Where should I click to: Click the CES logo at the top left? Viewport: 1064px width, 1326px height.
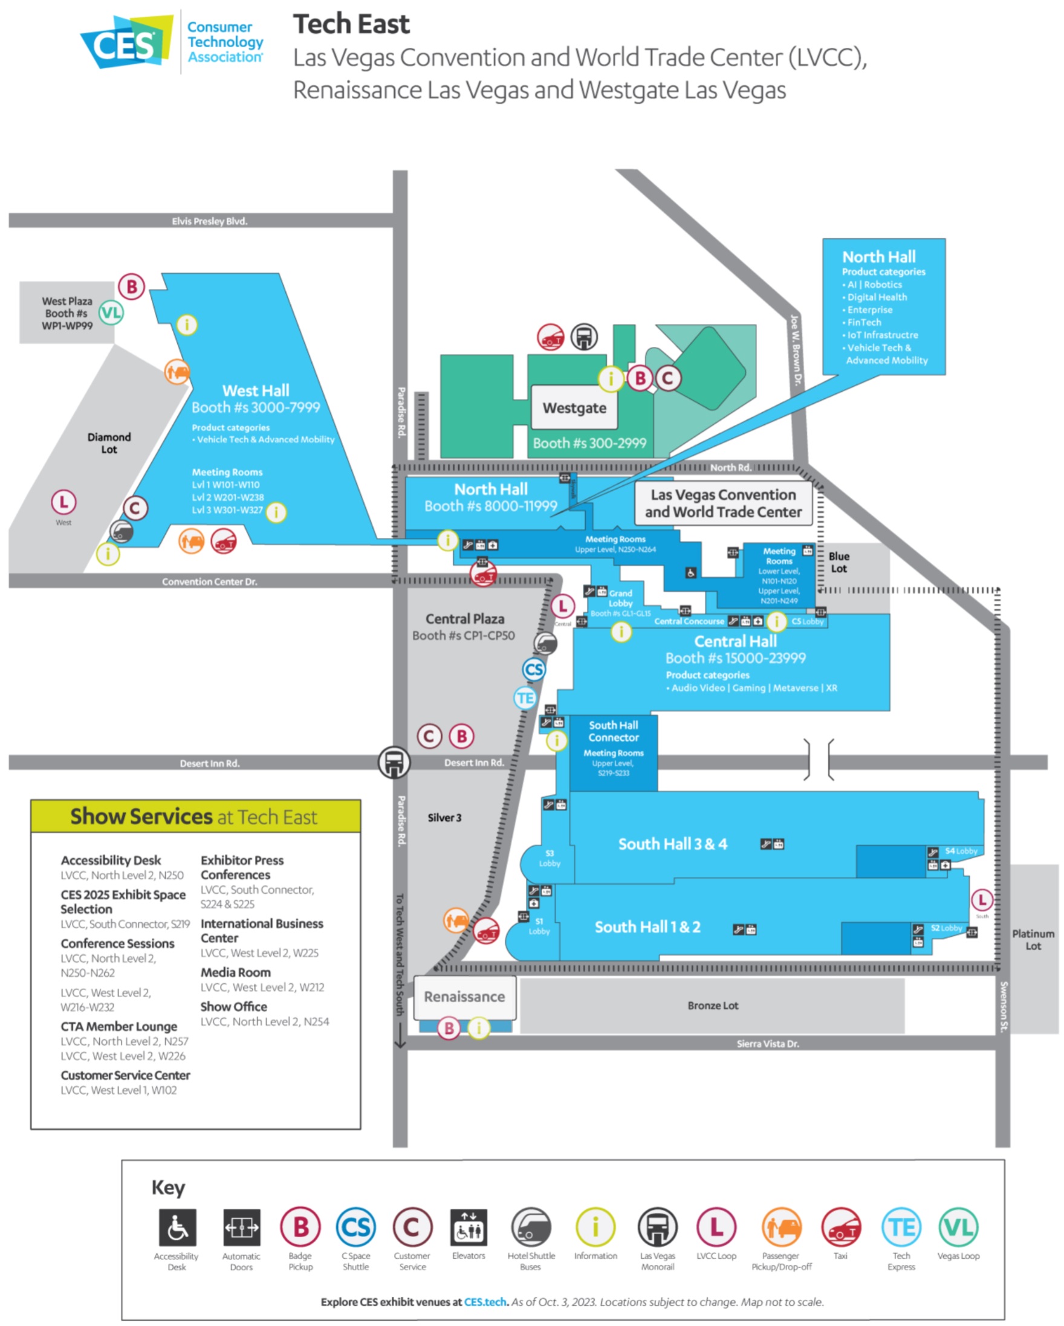click(126, 42)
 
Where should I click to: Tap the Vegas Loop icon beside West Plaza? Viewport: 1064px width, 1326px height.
click(111, 313)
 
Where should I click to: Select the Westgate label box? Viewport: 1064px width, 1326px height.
click(574, 408)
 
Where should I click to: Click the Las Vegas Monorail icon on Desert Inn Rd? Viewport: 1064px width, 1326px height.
click(394, 763)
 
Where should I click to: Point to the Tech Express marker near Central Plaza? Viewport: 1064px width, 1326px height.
click(525, 698)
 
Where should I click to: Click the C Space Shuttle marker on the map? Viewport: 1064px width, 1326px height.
click(534, 669)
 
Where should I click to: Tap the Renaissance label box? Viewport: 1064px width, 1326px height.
click(464, 997)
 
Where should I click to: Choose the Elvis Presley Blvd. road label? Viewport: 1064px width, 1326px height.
click(210, 221)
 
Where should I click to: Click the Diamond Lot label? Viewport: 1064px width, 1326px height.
click(109, 443)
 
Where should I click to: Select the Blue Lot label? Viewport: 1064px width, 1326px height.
click(839, 562)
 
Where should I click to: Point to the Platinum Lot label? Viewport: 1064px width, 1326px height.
click(1033, 940)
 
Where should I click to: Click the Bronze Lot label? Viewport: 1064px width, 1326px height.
click(713, 1006)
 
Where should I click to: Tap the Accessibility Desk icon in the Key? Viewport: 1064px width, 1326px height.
click(177, 1227)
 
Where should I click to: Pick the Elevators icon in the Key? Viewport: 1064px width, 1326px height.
click(469, 1227)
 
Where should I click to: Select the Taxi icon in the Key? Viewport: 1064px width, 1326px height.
click(841, 1227)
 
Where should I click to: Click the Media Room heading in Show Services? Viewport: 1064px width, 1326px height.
click(236, 972)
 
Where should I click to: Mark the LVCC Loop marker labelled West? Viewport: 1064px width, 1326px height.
click(63, 502)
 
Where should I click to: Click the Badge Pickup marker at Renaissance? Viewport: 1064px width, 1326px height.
click(449, 1028)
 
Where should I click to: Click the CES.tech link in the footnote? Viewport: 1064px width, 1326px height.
click(485, 1302)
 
